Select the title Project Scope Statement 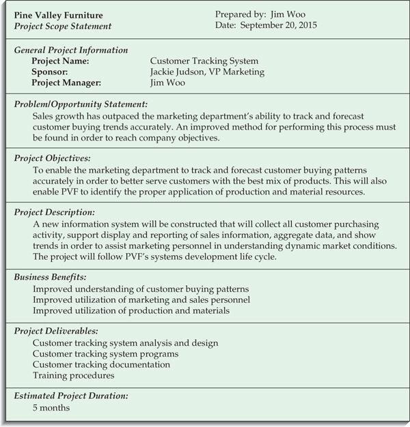coord(63,26)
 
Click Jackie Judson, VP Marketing coord(207,72)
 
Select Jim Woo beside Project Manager coord(167,83)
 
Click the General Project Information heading coord(71,50)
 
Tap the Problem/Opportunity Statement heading coord(81,104)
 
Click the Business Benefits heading coord(51,278)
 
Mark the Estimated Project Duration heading coord(71,396)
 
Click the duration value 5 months coord(51,408)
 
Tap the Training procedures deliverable coord(74,375)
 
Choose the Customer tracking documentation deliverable coord(101,364)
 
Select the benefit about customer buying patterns coord(140,289)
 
